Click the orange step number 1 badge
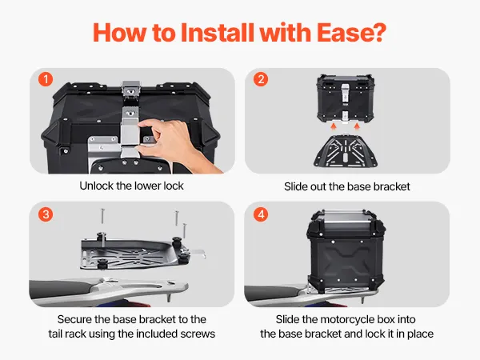click(46, 79)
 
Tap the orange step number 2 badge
click(261, 79)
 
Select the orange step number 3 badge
click(46, 214)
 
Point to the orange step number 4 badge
click(261, 214)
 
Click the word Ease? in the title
click(351, 33)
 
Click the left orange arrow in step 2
click(334, 126)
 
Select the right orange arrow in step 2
click(357, 126)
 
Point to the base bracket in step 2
click(346, 150)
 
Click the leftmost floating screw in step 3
click(102, 216)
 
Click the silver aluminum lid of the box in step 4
click(346, 222)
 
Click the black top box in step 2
click(346, 98)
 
